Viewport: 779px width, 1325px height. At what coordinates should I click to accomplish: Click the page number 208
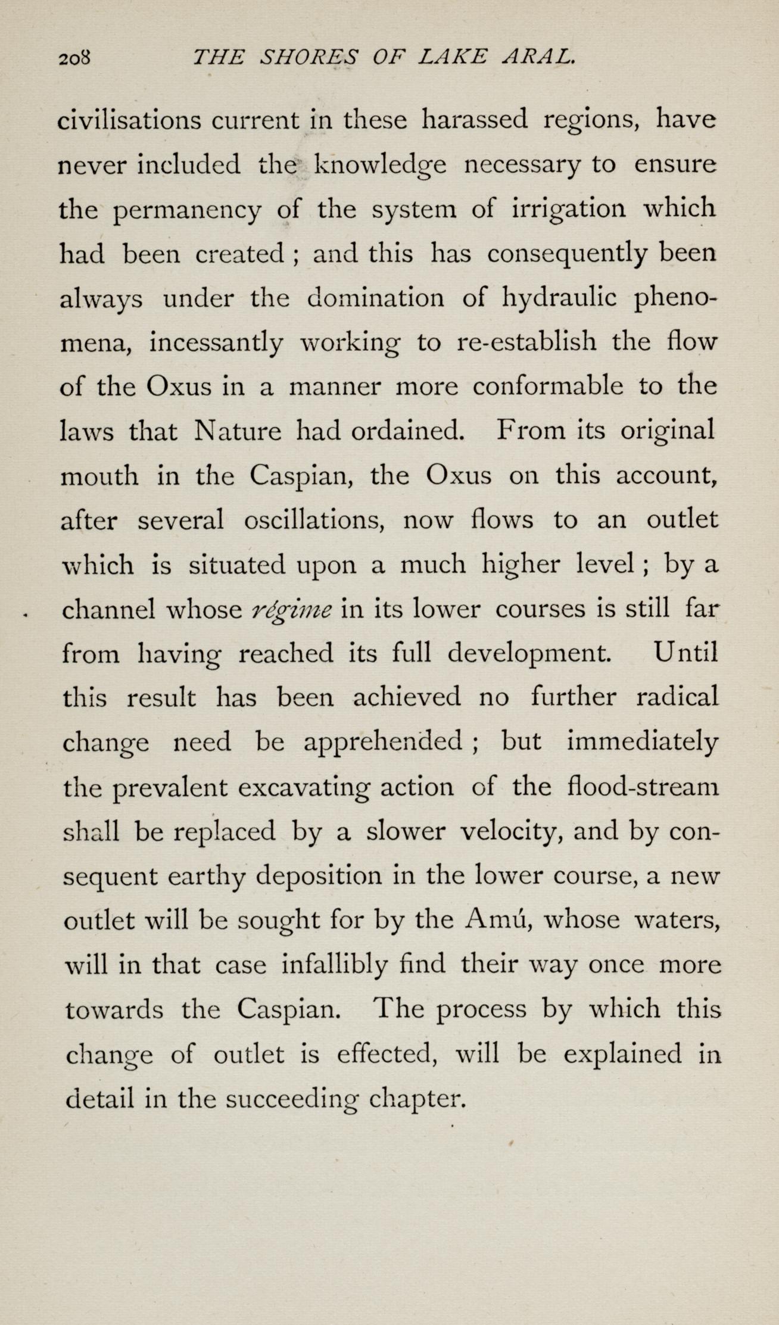(74, 58)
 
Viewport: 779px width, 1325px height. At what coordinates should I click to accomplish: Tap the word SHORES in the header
(310, 57)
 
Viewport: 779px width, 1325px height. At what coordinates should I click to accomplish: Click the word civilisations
(130, 120)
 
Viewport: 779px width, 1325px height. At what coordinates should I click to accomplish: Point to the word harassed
(474, 120)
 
